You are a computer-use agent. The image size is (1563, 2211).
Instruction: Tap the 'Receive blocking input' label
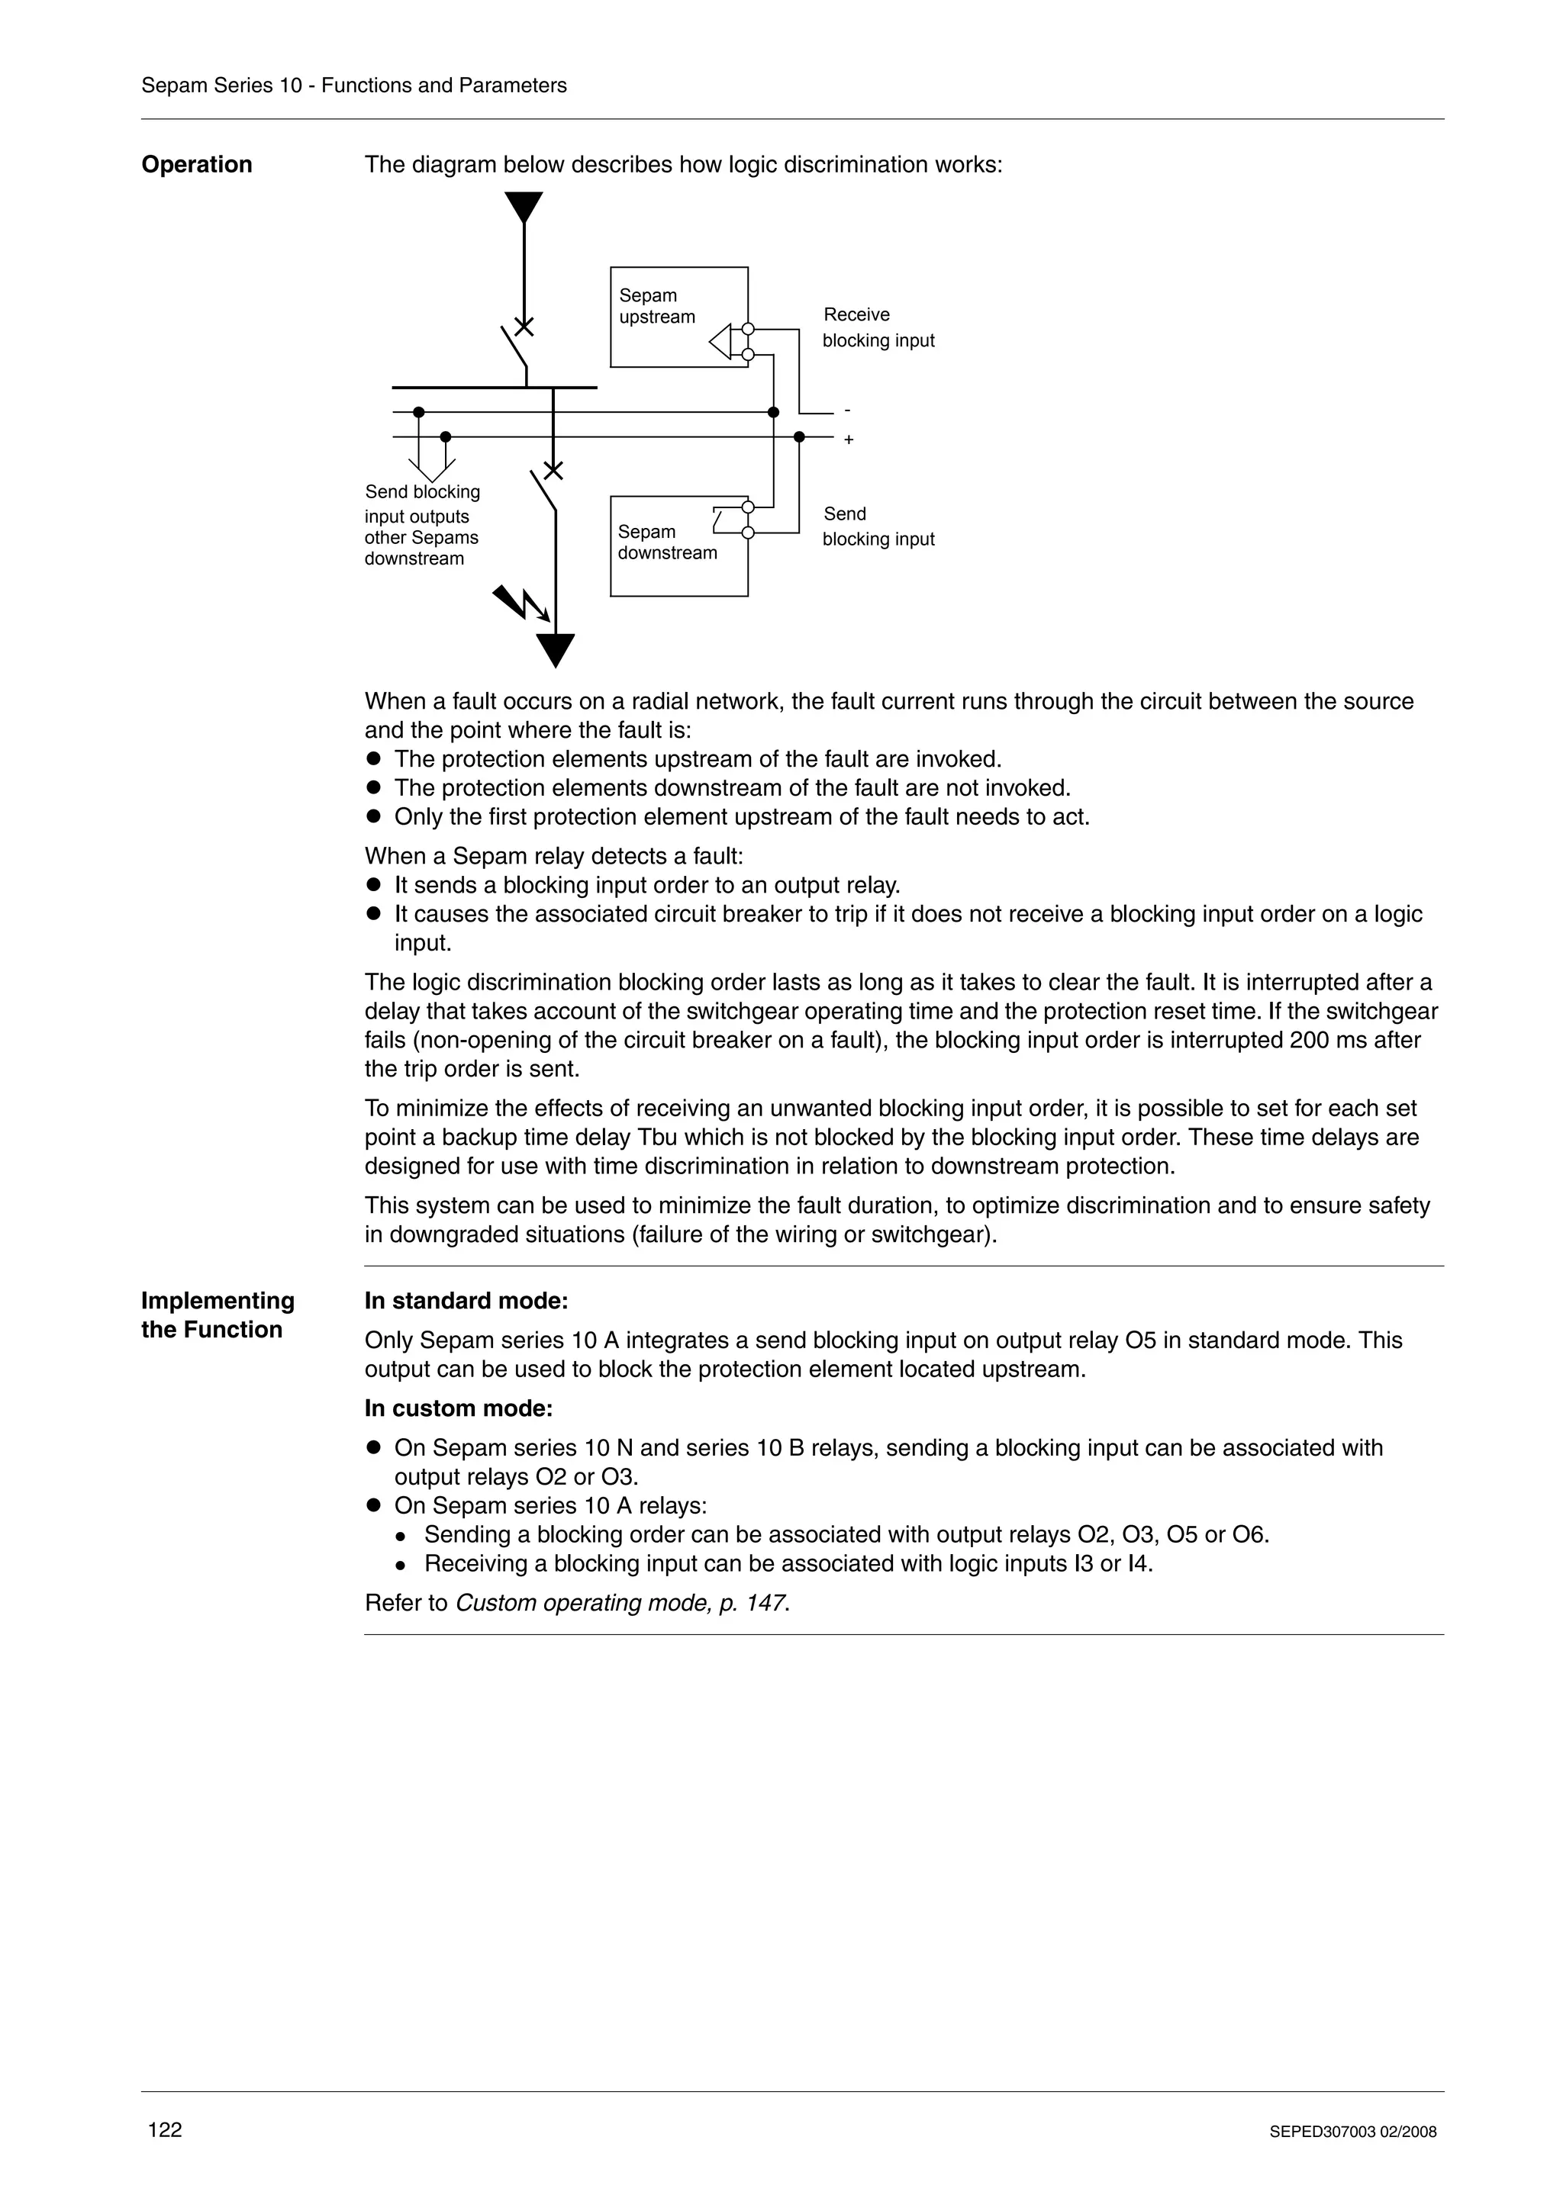pos(878,327)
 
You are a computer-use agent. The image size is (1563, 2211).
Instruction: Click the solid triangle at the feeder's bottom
pos(555,649)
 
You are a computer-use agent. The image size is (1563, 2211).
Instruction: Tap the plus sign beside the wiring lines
pos(849,440)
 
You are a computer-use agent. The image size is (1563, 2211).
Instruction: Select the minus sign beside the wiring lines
pos(846,411)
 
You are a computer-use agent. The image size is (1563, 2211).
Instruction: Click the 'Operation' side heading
pos(196,165)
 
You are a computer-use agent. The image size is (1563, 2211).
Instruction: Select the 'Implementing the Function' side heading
pos(217,1315)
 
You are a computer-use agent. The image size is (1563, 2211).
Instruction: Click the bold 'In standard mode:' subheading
pos(466,1301)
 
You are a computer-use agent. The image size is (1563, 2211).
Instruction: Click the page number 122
pos(165,2129)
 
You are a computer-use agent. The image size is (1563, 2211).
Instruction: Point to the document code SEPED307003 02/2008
pos(1352,2132)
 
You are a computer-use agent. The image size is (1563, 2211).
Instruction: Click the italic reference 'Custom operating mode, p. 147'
pos(621,1602)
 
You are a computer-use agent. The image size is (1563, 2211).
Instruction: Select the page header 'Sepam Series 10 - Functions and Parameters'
pos(353,85)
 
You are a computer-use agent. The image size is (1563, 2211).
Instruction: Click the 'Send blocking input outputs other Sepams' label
pos(422,525)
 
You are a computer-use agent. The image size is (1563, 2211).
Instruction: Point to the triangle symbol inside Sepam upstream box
pos(720,342)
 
